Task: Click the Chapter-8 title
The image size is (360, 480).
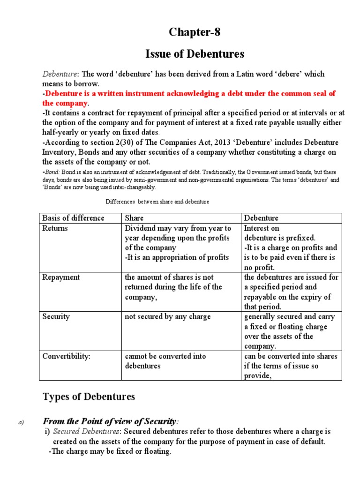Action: [x=194, y=32]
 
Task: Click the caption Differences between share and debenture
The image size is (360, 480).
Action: [x=157, y=202]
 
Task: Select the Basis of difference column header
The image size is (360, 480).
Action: [x=74, y=218]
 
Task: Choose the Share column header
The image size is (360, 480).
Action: [x=134, y=218]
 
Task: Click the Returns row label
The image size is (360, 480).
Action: [x=55, y=228]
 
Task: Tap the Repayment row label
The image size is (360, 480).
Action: [x=61, y=277]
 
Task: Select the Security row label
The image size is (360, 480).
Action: [x=56, y=316]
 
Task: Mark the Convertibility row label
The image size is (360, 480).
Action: [x=66, y=356]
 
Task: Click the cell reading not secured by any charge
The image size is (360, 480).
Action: [x=168, y=316]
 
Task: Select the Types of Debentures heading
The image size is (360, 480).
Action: [x=89, y=397]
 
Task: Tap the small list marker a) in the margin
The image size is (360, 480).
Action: [x=21, y=422]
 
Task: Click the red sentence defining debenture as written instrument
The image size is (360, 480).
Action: [x=189, y=98]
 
